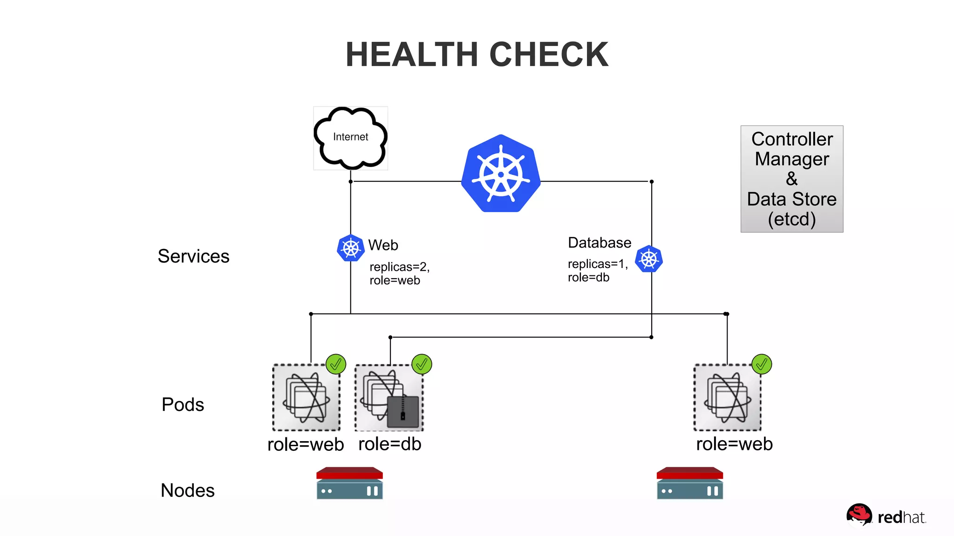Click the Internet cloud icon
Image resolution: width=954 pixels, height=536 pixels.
(x=350, y=138)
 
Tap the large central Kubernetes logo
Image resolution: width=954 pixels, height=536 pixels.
(x=501, y=174)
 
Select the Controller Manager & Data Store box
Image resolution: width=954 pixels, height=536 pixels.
(x=791, y=179)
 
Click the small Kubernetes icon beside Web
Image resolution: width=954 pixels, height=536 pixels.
(x=350, y=248)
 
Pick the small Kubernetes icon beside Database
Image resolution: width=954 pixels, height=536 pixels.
(x=648, y=259)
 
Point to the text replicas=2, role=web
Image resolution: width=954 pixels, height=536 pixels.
(x=399, y=274)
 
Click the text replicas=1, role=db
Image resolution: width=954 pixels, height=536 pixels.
(x=597, y=270)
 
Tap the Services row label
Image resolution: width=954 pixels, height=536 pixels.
(x=193, y=256)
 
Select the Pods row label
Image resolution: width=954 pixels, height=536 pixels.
(x=183, y=404)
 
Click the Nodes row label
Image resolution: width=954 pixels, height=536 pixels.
(x=187, y=490)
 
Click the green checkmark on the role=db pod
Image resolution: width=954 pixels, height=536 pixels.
(x=422, y=364)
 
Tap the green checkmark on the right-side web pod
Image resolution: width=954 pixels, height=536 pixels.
(x=762, y=364)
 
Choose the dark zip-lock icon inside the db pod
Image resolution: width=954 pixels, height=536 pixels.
(x=403, y=411)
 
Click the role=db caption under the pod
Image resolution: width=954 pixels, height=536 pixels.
(x=389, y=444)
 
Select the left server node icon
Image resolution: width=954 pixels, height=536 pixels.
(x=349, y=483)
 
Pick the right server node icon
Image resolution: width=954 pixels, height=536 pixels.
(x=689, y=483)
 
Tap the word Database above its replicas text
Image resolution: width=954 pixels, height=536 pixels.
(x=600, y=242)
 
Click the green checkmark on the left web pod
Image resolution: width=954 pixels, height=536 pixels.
(x=335, y=364)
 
